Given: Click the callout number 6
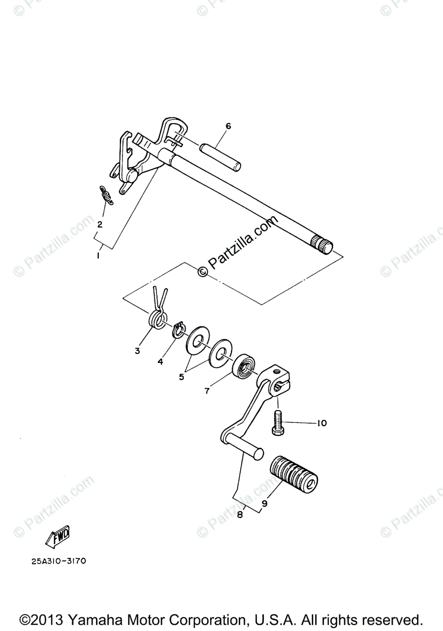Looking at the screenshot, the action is (228, 126).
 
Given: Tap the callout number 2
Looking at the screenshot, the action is (99, 224).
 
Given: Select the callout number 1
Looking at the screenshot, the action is (97, 255).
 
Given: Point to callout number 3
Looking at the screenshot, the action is (137, 351).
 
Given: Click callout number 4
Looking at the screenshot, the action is (160, 362).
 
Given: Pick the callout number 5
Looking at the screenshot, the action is (181, 377).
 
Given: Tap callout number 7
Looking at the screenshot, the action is (207, 391).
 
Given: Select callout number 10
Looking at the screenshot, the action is (321, 423).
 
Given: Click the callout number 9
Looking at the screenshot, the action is (264, 503).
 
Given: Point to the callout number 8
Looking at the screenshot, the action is (240, 515).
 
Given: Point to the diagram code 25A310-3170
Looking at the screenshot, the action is (58, 561).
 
